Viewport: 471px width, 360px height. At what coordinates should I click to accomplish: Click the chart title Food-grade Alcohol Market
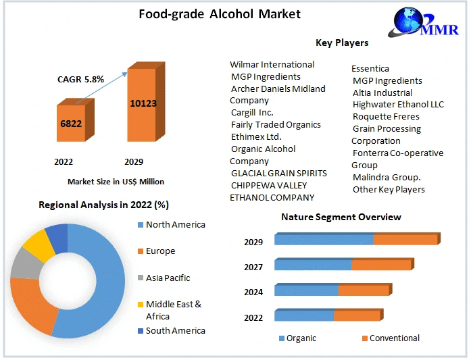(220, 14)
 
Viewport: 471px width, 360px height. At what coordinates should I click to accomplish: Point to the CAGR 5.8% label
(80, 79)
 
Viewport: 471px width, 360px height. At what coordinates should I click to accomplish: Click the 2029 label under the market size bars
(134, 162)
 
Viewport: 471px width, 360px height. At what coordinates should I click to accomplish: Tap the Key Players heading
(342, 43)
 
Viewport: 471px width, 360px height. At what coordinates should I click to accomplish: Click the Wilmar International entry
(272, 65)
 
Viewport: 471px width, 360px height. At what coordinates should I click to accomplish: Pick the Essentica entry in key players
(370, 68)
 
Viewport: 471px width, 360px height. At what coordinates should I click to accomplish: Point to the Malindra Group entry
(387, 178)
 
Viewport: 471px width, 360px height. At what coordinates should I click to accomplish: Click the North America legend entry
(175, 225)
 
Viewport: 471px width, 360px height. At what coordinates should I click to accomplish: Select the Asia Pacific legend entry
(168, 278)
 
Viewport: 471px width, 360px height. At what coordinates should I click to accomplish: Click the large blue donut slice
(101, 284)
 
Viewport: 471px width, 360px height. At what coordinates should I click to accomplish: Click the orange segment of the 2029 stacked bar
(405, 240)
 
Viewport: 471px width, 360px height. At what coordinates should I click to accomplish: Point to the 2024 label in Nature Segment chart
(253, 292)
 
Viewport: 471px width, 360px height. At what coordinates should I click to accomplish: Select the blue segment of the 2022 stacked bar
(304, 315)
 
